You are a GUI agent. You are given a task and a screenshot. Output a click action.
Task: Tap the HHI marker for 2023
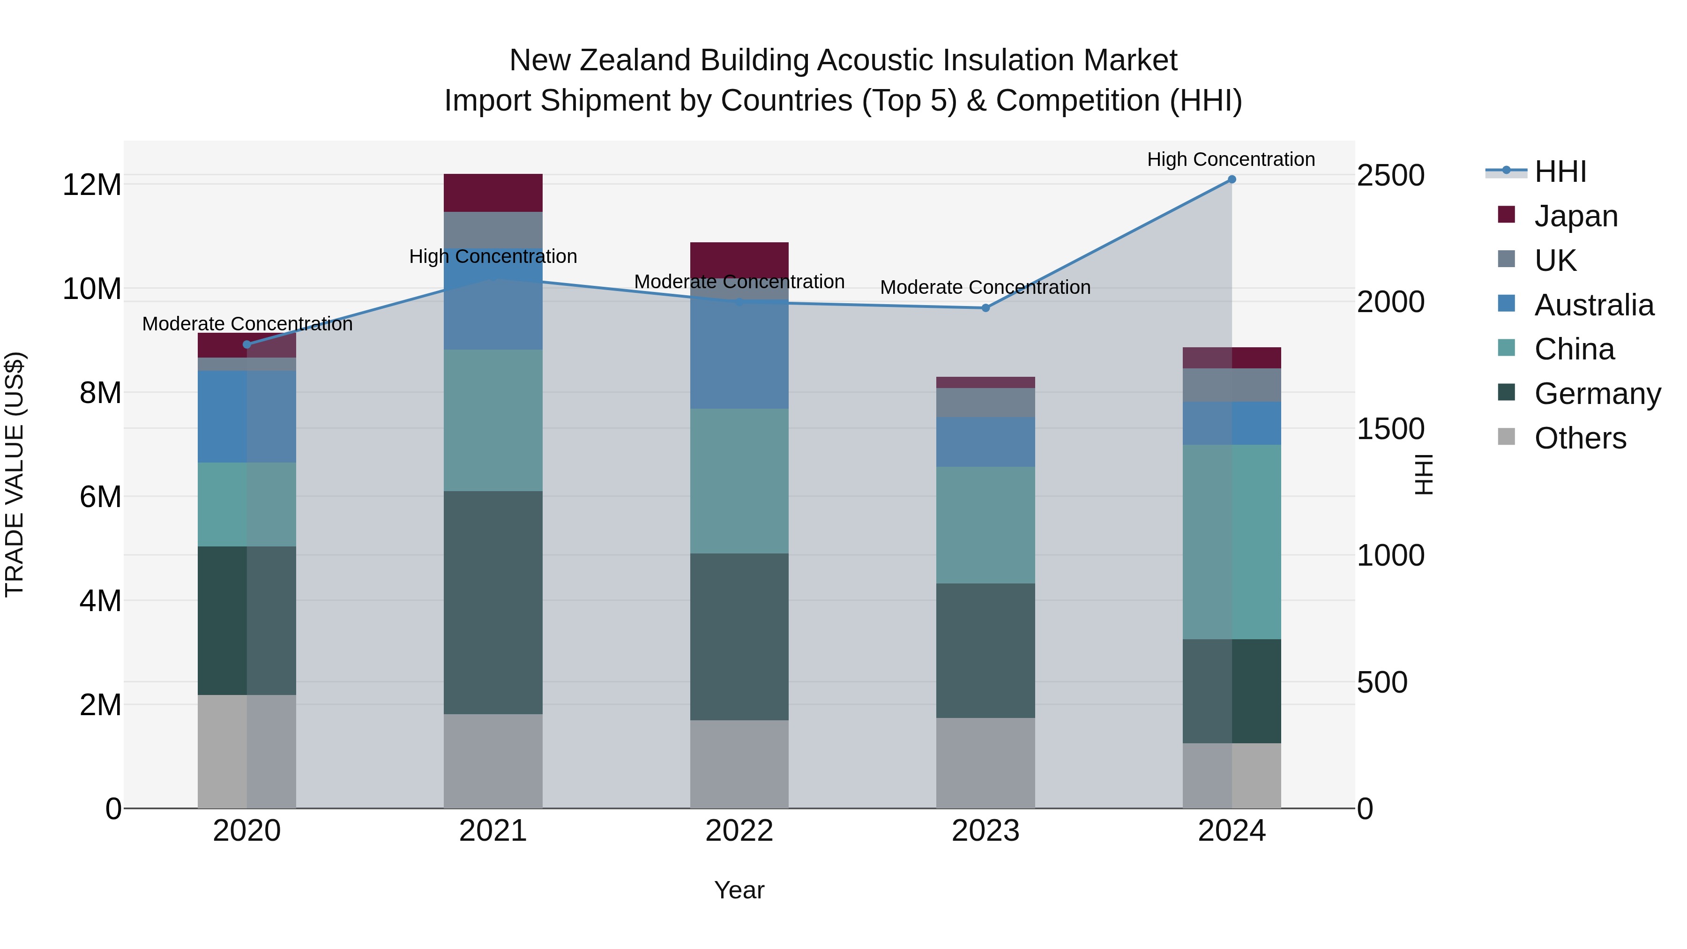click(x=985, y=308)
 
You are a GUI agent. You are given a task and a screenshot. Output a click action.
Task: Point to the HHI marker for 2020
click(x=247, y=344)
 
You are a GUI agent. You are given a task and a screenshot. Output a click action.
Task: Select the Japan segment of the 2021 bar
click(x=493, y=193)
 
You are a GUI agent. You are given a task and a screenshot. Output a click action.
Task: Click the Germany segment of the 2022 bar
click(x=739, y=636)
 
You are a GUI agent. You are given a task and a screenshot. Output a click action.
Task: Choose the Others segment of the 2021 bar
click(x=493, y=761)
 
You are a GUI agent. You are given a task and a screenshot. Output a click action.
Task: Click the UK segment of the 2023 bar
click(x=985, y=402)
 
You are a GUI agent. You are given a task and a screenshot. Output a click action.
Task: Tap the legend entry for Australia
click(x=1593, y=305)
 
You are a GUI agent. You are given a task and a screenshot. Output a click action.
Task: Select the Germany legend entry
click(x=1597, y=394)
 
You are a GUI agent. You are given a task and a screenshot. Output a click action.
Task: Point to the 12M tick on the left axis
click(x=92, y=185)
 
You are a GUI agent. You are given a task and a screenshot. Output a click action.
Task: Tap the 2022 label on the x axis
click(x=739, y=831)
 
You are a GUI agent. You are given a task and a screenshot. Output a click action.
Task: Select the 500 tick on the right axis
click(x=1382, y=682)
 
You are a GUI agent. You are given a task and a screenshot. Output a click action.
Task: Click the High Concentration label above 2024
click(x=1231, y=159)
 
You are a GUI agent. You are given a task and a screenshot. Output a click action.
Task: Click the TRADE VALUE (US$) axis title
click(x=15, y=474)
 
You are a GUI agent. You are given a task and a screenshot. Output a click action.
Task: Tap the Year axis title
click(x=739, y=890)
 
